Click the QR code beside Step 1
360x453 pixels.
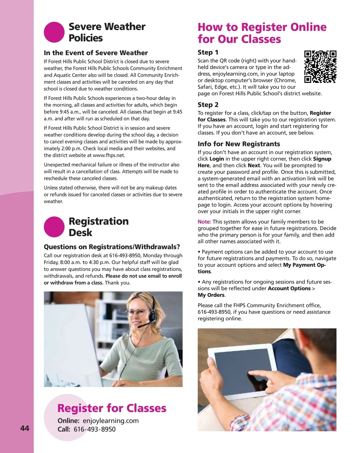[320, 67]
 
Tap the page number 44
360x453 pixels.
[25, 428]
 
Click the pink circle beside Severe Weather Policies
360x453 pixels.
[54, 32]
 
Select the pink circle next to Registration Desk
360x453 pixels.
[54, 227]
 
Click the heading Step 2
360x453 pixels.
[208, 105]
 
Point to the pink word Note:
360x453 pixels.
[204, 222]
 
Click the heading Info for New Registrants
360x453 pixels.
[238, 144]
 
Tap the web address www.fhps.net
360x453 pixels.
[109, 155]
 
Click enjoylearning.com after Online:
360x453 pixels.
[110, 421]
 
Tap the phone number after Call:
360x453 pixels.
[94, 429]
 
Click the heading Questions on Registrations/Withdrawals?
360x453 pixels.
[112, 247]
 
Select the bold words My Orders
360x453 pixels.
[211, 295]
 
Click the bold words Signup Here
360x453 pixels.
[322, 159]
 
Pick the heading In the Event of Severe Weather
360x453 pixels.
[96, 53]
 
